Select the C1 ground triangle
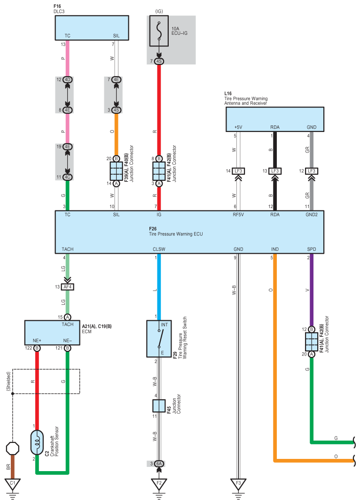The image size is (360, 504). click(13, 483)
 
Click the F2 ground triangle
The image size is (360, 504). click(159, 483)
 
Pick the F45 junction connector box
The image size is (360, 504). click(159, 406)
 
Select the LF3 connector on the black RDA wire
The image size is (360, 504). click(275, 171)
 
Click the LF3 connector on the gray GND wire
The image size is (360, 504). click(311, 171)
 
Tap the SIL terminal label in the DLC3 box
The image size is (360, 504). click(117, 36)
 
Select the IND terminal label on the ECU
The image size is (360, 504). click(275, 249)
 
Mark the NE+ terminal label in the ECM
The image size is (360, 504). click(37, 341)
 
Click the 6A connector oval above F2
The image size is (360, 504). click(159, 464)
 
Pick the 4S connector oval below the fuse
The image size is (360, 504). click(159, 62)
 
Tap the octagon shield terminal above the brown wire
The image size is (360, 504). click(13, 448)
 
